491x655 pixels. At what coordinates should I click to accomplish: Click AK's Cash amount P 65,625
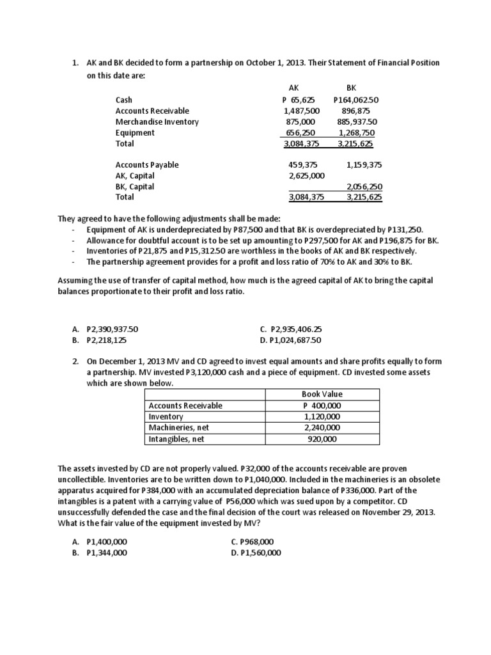tap(299, 100)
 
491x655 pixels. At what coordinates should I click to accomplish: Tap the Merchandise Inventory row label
tap(157, 122)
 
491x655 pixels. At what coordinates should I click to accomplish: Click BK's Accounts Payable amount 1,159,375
tap(364, 164)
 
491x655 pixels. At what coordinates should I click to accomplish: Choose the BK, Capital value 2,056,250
tap(364, 186)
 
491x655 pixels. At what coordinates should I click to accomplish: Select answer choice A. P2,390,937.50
tap(105, 329)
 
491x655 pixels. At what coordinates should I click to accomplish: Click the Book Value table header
tap(322, 395)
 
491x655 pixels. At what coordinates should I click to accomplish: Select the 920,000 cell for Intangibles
tap(322, 439)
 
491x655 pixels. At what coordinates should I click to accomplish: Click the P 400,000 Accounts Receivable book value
tap(322, 406)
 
